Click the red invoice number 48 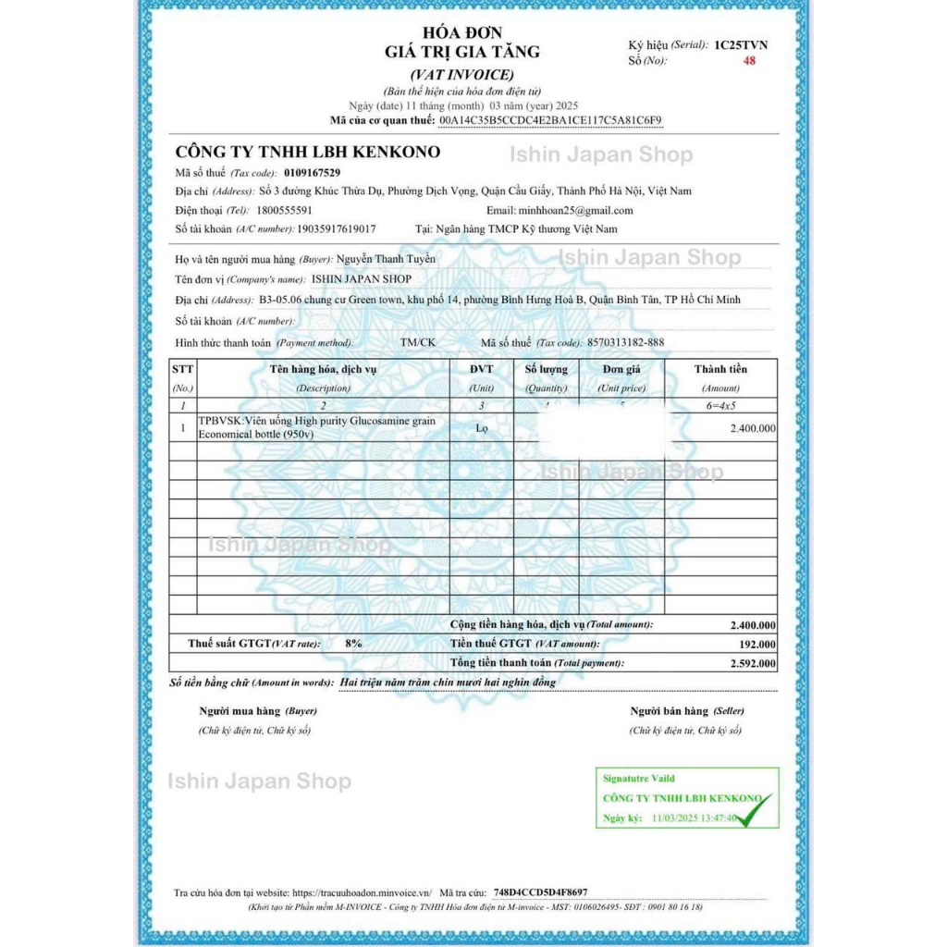point(749,61)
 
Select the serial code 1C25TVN point(741,44)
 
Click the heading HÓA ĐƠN point(461,33)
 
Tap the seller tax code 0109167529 point(312,173)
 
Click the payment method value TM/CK point(417,342)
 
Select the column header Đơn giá point(621,369)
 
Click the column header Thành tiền point(720,369)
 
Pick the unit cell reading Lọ point(482,428)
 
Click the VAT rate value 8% point(353,643)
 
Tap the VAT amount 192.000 point(757,645)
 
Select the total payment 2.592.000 point(753,663)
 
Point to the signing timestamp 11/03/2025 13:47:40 point(695,818)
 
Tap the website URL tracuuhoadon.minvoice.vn point(362,892)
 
